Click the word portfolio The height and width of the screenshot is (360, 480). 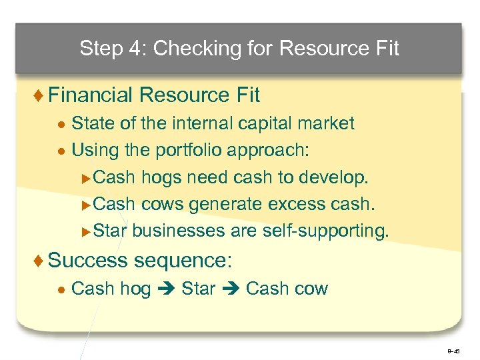click(189, 151)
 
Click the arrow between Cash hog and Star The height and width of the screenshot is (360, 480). click(166, 289)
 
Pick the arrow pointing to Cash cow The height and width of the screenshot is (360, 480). click(231, 289)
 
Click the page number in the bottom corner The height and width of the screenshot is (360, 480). click(453, 349)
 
